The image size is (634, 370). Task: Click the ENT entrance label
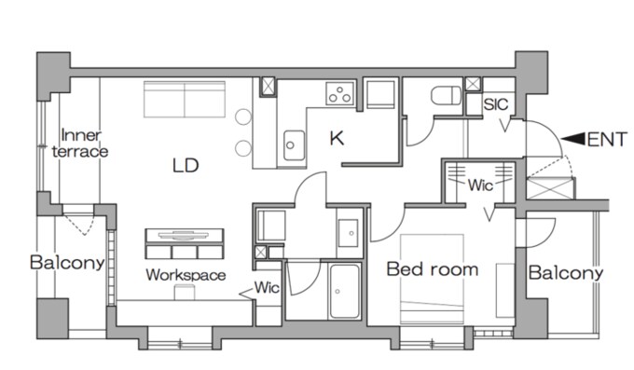(x=607, y=140)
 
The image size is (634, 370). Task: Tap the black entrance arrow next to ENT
(x=573, y=139)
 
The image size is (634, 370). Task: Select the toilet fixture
(x=446, y=95)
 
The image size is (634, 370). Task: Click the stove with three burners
(x=339, y=93)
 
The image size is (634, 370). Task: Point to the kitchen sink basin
(x=294, y=145)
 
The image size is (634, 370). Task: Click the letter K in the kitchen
(x=337, y=139)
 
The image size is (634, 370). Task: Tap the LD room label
(x=186, y=165)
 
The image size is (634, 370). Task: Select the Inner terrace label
(x=80, y=144)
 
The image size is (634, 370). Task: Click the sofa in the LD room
(x=185, y=99)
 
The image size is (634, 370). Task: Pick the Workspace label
(x=186, y=275)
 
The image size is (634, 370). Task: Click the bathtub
(x=344, y=291)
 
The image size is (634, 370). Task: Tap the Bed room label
(x=433, y=269)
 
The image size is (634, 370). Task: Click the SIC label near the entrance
(x=496, y=104)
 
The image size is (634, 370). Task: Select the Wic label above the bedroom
(x=480, y=185)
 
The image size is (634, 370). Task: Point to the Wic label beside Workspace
(x=267, y=288)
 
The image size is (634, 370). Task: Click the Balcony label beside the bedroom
(x=566, y=273)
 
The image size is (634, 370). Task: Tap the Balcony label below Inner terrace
(x=67, y=263)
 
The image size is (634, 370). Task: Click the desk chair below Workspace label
(x=185, y=292)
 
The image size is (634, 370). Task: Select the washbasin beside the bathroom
(x=348, y=233)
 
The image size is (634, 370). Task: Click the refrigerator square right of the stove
(x=380, y=94)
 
